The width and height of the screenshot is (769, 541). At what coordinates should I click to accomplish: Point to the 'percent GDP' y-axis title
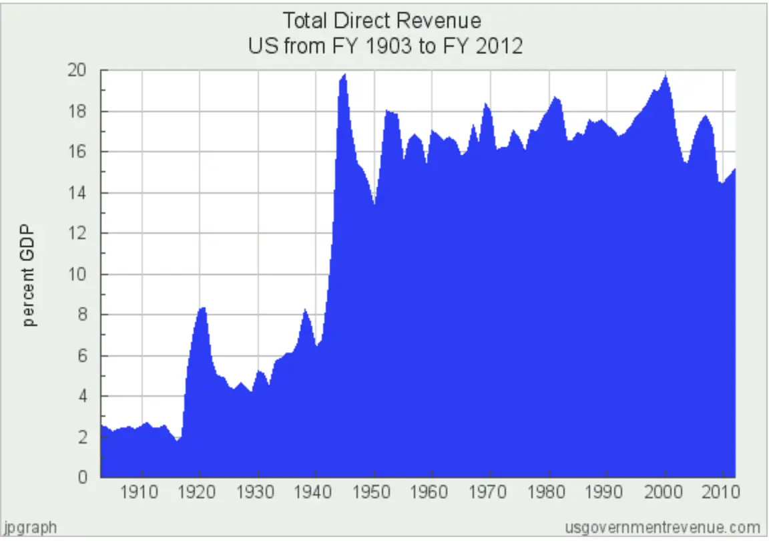(30, 275)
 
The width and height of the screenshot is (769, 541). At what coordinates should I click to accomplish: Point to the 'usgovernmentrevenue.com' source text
(663, 526)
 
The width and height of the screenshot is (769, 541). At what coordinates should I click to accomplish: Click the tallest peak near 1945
(344, 74)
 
